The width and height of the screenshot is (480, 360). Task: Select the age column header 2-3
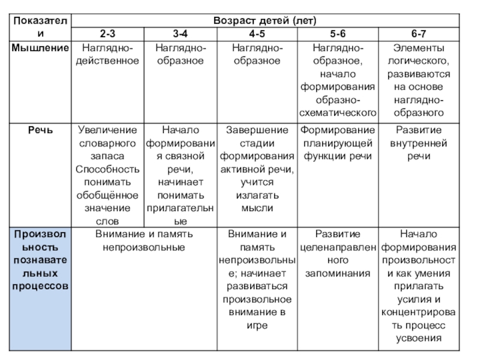[107, 33]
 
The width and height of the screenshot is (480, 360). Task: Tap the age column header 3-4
[181, 33]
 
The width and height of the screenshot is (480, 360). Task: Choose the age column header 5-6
[339, 33]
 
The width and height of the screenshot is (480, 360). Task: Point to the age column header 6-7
[418, 33]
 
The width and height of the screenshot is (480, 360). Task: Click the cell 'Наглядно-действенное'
[107, 54]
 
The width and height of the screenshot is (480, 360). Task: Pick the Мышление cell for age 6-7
[418, 79]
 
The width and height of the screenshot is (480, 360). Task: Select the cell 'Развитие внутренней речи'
[418, 143]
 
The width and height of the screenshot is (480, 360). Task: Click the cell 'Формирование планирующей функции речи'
[339, 143]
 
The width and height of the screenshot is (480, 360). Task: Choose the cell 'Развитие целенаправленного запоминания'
[339, 253]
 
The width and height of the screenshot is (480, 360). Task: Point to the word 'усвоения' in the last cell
[418, 338]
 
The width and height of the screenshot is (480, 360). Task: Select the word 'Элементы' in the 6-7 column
[418, 47]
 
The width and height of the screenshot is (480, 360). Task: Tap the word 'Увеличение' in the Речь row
[107, 130]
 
